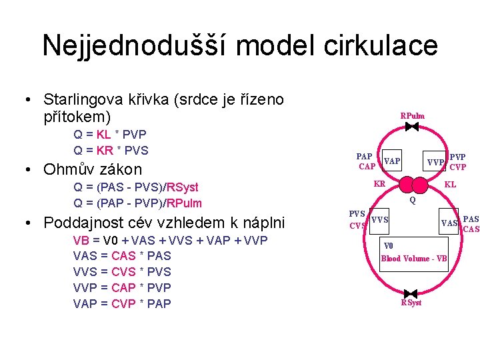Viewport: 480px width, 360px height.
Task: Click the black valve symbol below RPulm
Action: pyautogui.click(x=413, y=125)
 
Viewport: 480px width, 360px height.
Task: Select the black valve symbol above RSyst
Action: pyautogui.click(x=411, y=293)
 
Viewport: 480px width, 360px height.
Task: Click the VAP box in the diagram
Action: pyautogui.click(x=392, y=161)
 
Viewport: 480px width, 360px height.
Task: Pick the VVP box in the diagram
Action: pyautogui.click(x=436, y=162)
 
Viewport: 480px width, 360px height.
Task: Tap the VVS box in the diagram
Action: pyautogui.click(x=379, y=220)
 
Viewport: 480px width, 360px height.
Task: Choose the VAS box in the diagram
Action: pyautogui.click(x=449, y=223)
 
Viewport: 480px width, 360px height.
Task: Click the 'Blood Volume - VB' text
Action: pyautogui.click(x=413, y=258)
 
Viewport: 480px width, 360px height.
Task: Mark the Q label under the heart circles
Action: pyautogui.click(x=413, y=199)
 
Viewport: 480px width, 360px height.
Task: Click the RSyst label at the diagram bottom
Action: pyautogui.click(x=411, y=303)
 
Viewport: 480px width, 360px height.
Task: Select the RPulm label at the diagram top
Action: pyautogui.click(x=412, y=115)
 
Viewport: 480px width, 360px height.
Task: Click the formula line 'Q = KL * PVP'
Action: pyautogui.click(x=110, y=134)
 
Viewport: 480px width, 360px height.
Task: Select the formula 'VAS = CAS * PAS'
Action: pyautogui.click(x=122, y=256)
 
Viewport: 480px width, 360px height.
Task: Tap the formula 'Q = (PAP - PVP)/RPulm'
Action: pyautogui.click(x=137, y=203)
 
